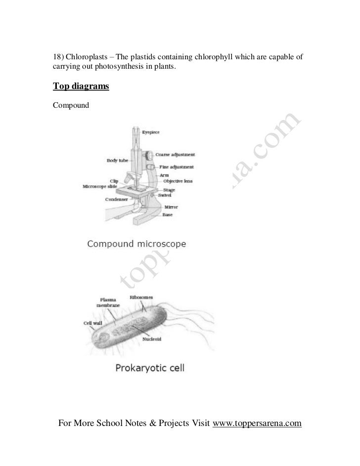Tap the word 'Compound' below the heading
70,105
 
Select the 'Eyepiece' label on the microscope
151,132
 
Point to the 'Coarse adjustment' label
175,155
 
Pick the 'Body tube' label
117,161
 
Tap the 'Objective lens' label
178,181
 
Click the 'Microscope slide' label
100,187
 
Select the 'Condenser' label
117,200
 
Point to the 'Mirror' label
171,208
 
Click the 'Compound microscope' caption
136,244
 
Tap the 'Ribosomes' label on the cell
141,297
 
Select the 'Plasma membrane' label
108,302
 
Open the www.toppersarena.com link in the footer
257,424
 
